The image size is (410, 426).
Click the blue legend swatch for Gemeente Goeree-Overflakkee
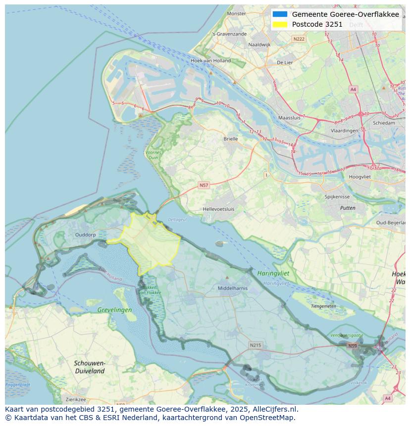[x=280, y=14]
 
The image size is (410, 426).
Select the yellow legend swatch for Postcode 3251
[x=280, y=24]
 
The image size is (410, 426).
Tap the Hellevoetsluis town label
[x=218, y=209]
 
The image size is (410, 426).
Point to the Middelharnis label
[x=233, y=288]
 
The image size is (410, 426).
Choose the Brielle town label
[x=230, y=139]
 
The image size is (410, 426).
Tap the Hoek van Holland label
[x=210, y=61]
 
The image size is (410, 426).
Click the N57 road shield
[x=204, y=185]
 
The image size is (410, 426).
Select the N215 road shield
[x=255, y=345]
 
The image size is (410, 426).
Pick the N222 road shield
[x=299, y=39]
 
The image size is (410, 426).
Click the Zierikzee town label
[x=76, y=399]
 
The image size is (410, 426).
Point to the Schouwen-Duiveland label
[x=90, y=367]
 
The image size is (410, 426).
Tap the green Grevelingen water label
[x=114, y=310]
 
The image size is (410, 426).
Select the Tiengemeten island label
[x=323, y=306]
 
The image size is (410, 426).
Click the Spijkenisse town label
[x=337, y=196]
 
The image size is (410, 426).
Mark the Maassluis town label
[x=289, y=118]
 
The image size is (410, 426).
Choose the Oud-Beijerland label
[x=391, y=223]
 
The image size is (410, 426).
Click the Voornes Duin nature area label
[x=153, y=155]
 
